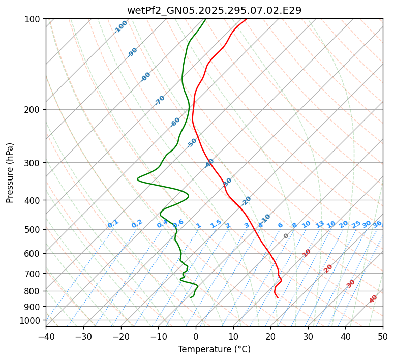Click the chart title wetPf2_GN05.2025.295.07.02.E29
coord(214,10)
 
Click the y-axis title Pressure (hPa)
coord(10,173)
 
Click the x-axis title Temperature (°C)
coord(214,349)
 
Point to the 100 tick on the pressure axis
coord(34,19)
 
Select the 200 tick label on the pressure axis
coord(34,109)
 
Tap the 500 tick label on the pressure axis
coord(34,229)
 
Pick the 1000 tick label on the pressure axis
coord(32,320)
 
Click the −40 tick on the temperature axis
coord(46,336)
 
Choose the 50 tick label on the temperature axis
coord(383,336)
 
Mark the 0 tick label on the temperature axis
coord(196,336)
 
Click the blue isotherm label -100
coord(120,27)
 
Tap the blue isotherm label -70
coord(160,100)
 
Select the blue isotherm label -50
coord(191,143)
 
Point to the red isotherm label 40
coord(373,299)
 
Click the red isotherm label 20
coord(328,268)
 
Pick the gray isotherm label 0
coord(286,236)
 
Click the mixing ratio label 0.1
coord(113,224)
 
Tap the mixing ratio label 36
coord(377,224)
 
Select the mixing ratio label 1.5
coord(216,224)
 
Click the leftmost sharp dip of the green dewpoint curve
coord(138,178)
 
